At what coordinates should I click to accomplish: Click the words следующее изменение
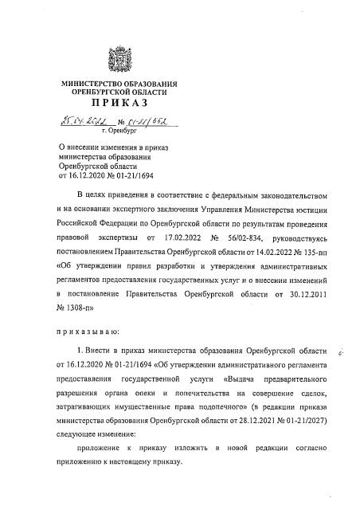pos(92,433)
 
